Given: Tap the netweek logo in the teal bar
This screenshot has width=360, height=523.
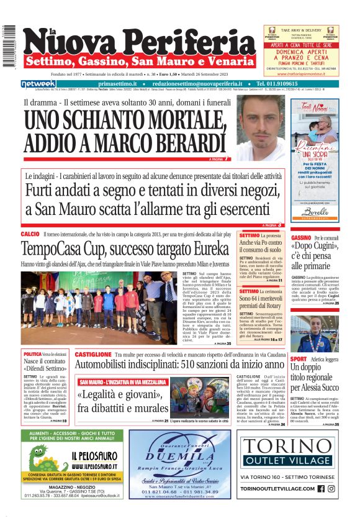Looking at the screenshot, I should (38, 84).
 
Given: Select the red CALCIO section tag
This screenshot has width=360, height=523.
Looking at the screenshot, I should (30, 234).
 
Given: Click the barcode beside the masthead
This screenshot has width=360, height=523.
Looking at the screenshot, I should (7, 47).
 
